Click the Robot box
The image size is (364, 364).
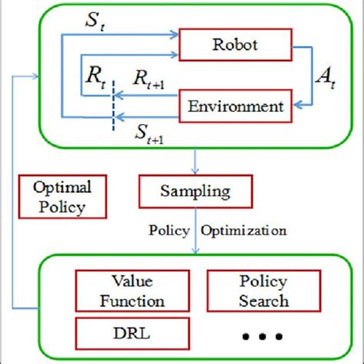[233, 45]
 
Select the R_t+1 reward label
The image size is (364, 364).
[146, 78]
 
